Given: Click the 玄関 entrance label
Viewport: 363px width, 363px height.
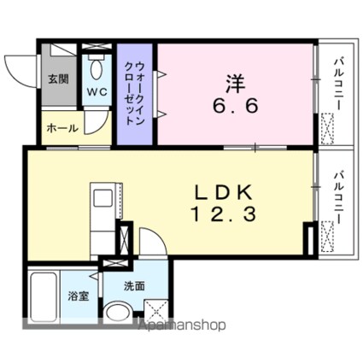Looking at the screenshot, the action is pyautogui.click(x=58, y=79).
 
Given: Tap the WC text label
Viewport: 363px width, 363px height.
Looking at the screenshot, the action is pyautogui.click(x=97, y=92).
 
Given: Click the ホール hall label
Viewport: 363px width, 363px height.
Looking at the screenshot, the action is pyautogui.click(x=62, y=128).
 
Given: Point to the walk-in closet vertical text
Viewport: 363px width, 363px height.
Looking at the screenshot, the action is pyautogui.click(x=135, y=93).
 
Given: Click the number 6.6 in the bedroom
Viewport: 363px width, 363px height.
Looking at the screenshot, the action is pyautogui.click(x=235, y=106).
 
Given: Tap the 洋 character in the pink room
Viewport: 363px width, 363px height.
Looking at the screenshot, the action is pyautogui.click(x=236, y=84).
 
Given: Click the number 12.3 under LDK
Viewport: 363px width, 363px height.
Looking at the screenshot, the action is pyautogui.click(x=224, y=214).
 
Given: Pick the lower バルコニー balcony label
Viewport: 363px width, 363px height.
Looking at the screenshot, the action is pyautogui.click(x=339, y=198).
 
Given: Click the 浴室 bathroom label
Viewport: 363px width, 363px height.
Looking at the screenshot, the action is pyautogui.click(x=79, y=296).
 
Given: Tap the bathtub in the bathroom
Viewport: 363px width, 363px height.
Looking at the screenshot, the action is pyautogui.click(x=44, y=297).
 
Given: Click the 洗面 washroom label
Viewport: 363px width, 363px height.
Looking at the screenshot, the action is pyautogui.click(x=134, y=286).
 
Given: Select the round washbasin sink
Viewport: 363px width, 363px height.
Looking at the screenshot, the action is pyautogui.click(x=118, y=313).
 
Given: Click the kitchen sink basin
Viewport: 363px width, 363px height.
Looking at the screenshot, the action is pyautogui.click(x=102, y=198).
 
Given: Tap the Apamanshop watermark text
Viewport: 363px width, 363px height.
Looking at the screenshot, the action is pyautogui.click(x=182, y=325).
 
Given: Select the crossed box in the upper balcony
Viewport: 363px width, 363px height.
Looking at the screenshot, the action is pyautogui.click(x=327, y=129).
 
